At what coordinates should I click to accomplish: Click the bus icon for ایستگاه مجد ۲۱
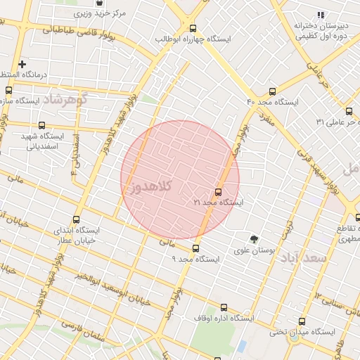[x=218, y=192]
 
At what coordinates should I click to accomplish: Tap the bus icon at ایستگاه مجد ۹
[x=195, y=248]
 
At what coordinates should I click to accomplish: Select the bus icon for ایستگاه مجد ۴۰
[x=273, y=91]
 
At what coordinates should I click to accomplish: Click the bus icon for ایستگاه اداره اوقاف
[x=224, y=307]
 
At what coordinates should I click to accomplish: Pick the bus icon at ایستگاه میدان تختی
[x=302, y=321]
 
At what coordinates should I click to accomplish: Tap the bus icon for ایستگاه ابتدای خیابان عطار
[x=76, y=219]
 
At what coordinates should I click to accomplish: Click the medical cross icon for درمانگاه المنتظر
[x=22, y=64]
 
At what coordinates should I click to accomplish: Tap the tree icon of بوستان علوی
[x=254, y=239]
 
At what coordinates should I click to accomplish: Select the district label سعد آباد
[x=304, y=258]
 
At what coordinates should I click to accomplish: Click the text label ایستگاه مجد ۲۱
[x=219, y=202]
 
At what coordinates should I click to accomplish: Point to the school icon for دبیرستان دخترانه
[x=321, y=15]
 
